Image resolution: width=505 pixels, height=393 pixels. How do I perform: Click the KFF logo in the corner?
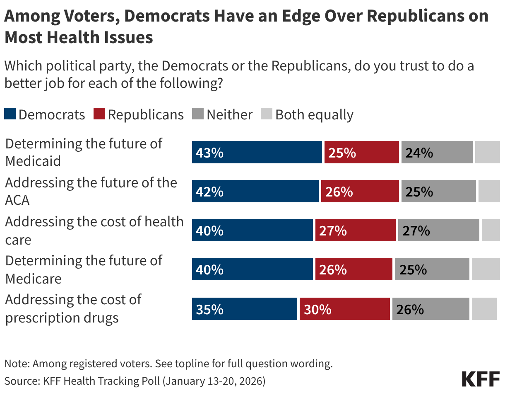pyautogui.click(x=480, y=379)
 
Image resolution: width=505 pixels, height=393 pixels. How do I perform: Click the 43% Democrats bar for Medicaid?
pyautogui.click(x=257, y=152)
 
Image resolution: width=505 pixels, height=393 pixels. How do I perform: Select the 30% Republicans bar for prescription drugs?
pyautogui.click(x=344, y=309)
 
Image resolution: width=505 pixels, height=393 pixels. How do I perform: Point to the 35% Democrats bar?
pyautogui.click(x=244, y=309)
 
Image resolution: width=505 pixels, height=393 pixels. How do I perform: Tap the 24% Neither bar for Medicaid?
pyautogui.click(x=437, y=152)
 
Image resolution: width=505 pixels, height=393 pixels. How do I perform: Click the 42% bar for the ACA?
pyautogui.click(x=255, y=191)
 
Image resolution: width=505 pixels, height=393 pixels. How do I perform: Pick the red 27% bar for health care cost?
pyautogui.click(x=355, y=230)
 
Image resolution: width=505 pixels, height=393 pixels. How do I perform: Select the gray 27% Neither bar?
pyautogui.click(x=438, y=230)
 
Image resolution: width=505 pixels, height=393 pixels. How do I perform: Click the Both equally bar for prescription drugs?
pyautogui.click(x=484, y=309)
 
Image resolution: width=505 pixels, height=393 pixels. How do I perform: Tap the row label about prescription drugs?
pyautogui.click(x=73, y=308)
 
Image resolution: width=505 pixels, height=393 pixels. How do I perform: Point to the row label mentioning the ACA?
pyautogui.click(x=91, y=191)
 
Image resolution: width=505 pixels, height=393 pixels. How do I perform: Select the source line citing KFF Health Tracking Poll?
pyautogui.click(x=135, y=381)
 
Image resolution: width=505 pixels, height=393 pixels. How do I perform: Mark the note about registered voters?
pyautogui.click(x=168, y=364)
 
